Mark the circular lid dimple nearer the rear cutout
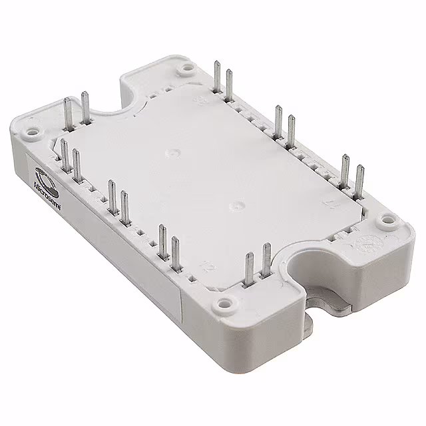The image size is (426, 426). pos(172,152)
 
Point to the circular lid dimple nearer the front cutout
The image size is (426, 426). pos(234,205)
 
